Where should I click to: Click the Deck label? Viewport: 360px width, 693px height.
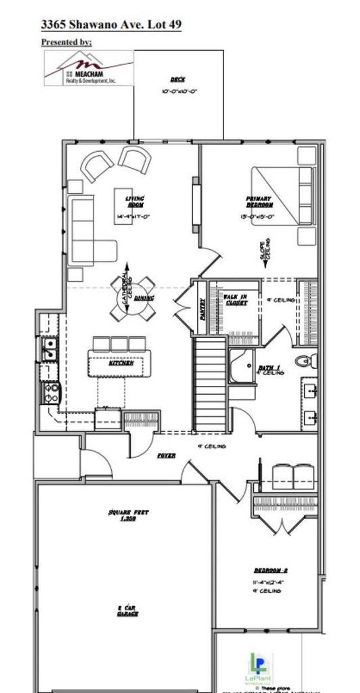(178, 80)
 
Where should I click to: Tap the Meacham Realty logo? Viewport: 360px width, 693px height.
(89, 68)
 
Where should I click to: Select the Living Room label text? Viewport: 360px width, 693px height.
(135, 202)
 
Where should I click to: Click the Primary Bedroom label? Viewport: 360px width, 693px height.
(259, 202)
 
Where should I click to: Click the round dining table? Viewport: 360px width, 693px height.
(133, 299)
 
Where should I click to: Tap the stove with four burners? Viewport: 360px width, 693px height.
(52, 393)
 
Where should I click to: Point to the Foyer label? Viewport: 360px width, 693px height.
(166, 456)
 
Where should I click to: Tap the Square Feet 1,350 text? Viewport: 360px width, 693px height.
(128, 515)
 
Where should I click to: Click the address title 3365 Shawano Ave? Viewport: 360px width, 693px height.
(111, 25)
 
